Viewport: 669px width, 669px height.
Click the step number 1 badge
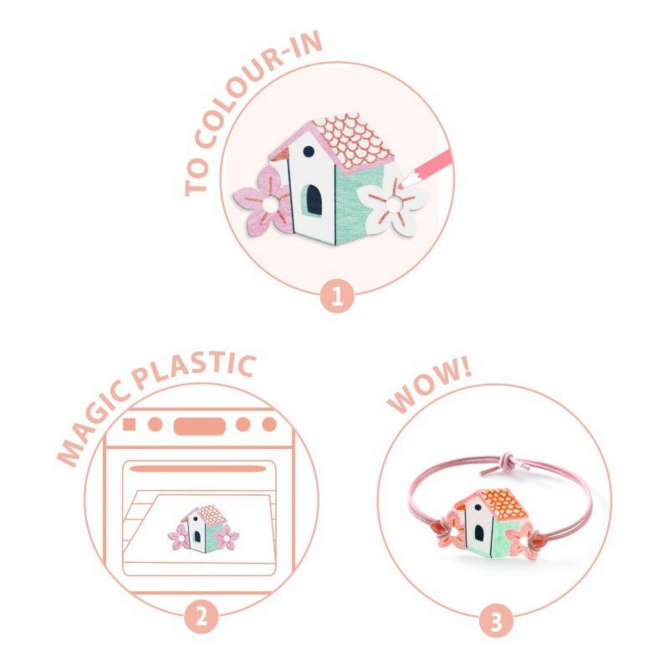(337, 297)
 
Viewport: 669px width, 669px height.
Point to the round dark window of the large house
(308, 152)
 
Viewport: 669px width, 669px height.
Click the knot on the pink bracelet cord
(503, 462)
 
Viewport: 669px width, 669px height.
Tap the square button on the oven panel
(129, 425)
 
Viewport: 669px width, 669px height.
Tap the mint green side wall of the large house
(356, 204)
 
